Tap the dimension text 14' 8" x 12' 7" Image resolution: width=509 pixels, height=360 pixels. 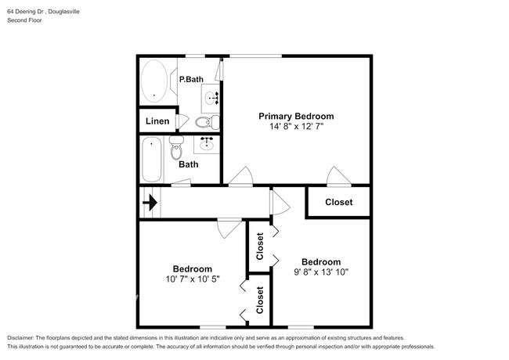pyautogui.click(x=296, y=126)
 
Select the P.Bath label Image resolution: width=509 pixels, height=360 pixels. pyautogui.click(x=190, y=80)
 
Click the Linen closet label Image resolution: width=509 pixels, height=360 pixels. pyautogui.click(x=157, y=121)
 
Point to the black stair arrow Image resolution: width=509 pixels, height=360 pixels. pyautogui.click(x=149, y=205)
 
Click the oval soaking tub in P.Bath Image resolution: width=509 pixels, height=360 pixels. pyautogui.click(x=153, y=82)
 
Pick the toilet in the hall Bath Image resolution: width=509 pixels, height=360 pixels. pyautogui.click(x=175, y=147)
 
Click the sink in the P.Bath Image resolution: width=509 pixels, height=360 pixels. pyautogui.click(x=211, y=98)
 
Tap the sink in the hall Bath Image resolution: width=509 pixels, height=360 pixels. pyautogui.click(x=207, y=145)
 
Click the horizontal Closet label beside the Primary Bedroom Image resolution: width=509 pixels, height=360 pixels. pyautogui.click(x=338, y=202)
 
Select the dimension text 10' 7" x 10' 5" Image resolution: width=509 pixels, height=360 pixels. pyautogui.click(x=193, y=279)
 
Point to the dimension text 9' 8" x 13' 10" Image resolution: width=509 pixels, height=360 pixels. pyautogui.click(x=321, y=272)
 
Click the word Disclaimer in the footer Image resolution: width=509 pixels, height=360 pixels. pyautogui.click(x=23, y=338)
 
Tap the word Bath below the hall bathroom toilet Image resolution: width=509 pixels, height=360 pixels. pyautogui.click(x=188, y=164)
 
